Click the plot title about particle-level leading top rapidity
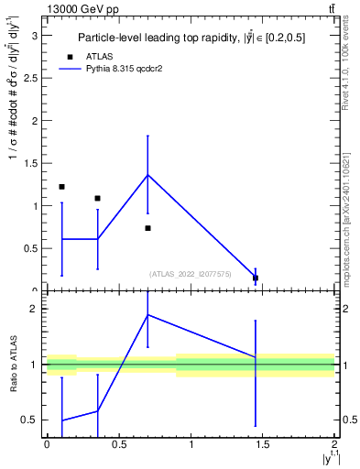191,38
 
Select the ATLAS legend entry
92,56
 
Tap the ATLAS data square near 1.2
61,187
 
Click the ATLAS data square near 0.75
147,228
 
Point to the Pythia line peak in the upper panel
147,175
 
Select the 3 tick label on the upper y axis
36,36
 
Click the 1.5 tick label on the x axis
263,445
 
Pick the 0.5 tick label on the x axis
118,445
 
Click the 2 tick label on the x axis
335,445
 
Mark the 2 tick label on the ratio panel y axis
36,309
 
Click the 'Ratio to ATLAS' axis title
14,365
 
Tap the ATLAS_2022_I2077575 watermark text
191,274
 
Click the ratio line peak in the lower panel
147,315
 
